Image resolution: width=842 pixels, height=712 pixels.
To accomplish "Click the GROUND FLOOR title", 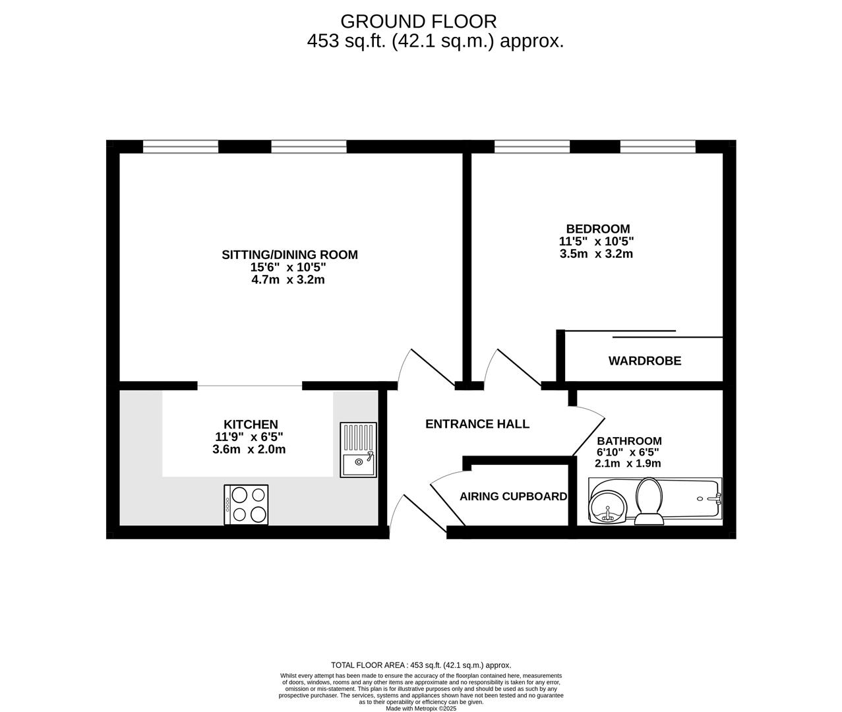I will click(x=418, y=21).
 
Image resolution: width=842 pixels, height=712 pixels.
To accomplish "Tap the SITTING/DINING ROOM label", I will click(x=289, y=254).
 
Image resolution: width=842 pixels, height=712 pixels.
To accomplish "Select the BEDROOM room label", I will click(x=597, y=229).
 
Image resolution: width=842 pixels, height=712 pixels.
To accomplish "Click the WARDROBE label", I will click(x=644, y=361).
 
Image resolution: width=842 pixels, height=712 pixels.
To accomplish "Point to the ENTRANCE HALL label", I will click(x=477, y=424).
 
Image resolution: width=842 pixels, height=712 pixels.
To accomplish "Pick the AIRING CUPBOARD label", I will click(x=513, y=496).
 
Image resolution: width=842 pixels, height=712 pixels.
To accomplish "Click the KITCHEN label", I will click(x=251, y=425).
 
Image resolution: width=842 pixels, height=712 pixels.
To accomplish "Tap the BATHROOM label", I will click(x=629, y=441).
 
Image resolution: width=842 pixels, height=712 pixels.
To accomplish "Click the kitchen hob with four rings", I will click(x=246, y=505).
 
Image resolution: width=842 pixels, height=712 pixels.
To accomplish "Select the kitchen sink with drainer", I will click(x=358, y=450).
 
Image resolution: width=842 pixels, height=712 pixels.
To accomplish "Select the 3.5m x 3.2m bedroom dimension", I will click(x=596, y=254).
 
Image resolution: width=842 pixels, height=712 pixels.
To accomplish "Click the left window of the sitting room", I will click(x=181, y=146).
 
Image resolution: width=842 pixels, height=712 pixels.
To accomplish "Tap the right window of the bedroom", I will click(x=657, y=146).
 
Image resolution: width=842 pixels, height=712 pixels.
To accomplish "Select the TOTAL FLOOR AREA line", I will click(x=421, y=665).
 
